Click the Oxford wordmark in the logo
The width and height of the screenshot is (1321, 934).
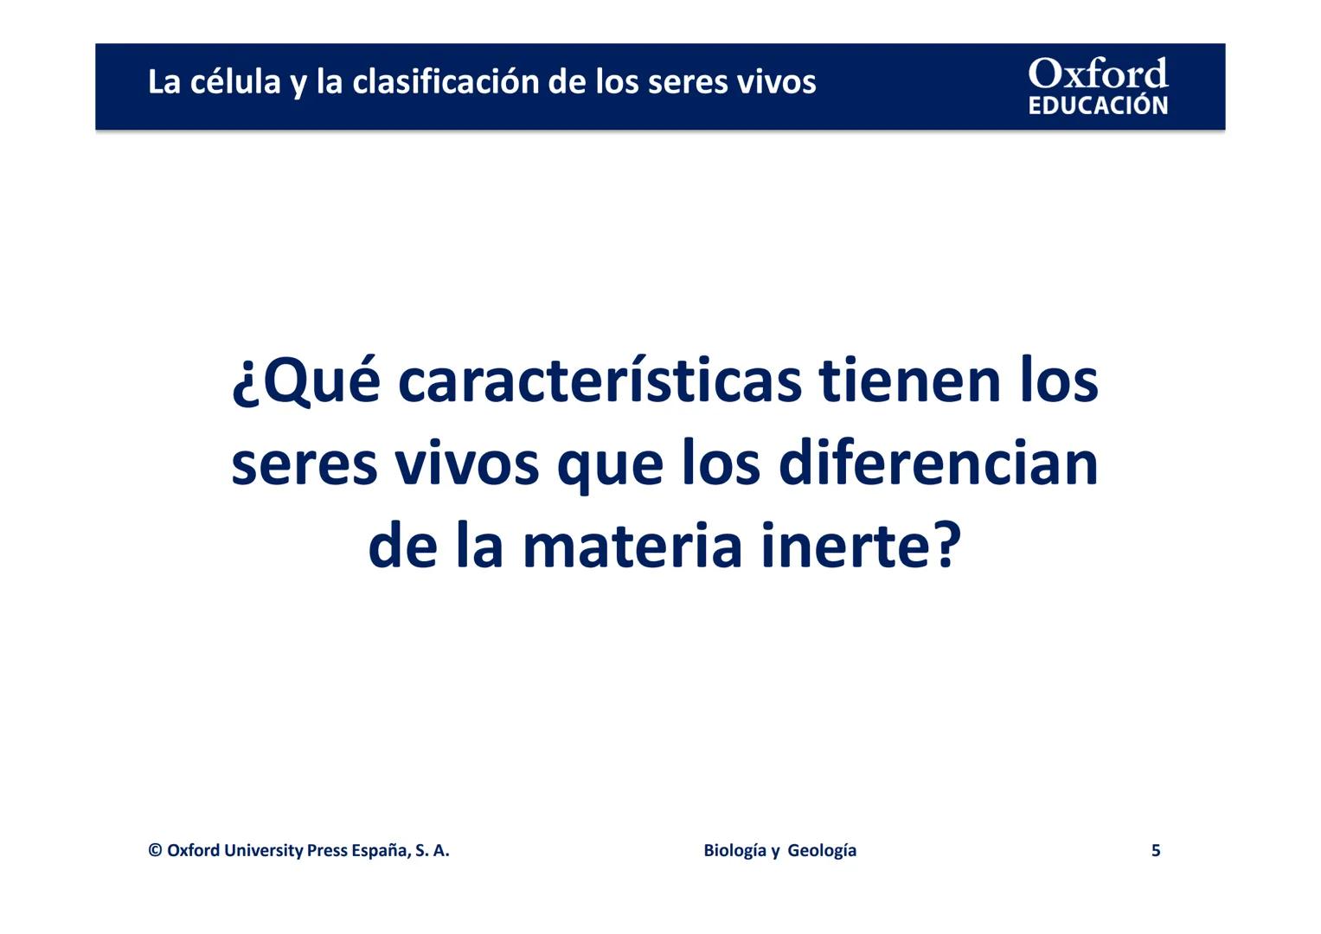(x=1098, y=74)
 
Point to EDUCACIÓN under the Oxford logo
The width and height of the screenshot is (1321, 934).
(x=1098, y=106)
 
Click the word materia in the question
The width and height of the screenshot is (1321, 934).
(x=632, y=546)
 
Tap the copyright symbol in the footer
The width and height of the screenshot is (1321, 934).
(x=156, y=850)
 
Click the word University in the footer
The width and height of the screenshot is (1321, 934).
(x=263, y=850)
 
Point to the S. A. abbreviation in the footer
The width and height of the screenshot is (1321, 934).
(x=432, y=850)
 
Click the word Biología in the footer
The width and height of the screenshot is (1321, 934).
(x=734, y=850)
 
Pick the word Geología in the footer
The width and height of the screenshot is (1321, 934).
(x=822, y=850)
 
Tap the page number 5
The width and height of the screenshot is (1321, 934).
(x=1156, y=850)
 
